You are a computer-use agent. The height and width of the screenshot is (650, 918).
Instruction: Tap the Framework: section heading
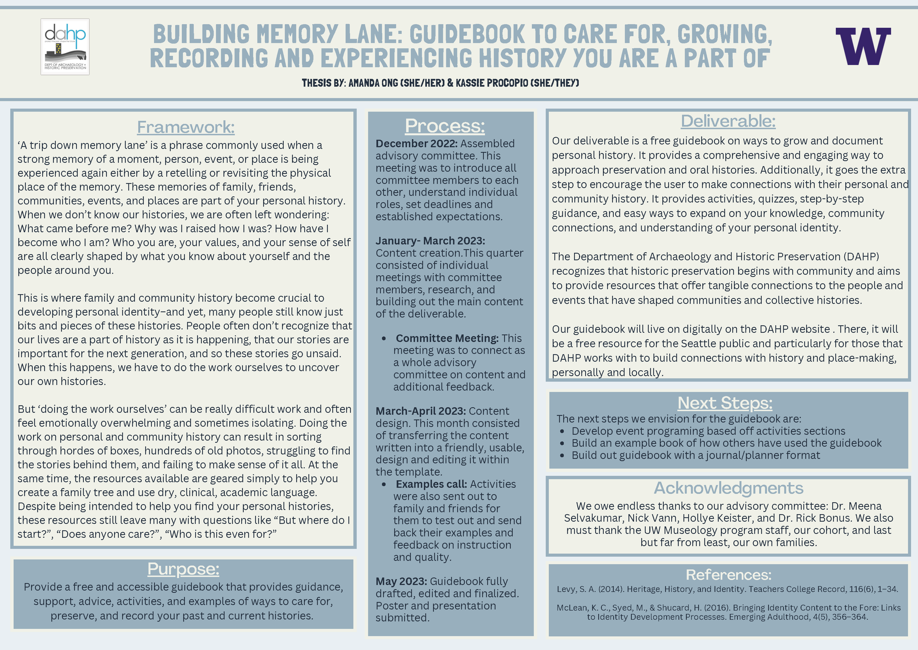coord(186,127)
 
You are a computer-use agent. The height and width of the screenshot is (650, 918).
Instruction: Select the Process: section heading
coord(445,126)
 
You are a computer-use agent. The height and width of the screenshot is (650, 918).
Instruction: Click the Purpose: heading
coord(183,569)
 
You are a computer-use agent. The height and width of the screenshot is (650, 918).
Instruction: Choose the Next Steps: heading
coord(725,403)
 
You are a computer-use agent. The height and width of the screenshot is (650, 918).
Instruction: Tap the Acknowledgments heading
coord(728,488)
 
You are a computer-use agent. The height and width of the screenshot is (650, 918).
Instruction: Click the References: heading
coord(728,575)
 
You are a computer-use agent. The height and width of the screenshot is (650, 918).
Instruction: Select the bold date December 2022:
coord(416,143)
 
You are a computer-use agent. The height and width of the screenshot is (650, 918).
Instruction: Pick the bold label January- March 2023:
coord(430,241)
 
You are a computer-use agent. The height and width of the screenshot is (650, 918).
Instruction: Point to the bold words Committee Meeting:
coord(447,338)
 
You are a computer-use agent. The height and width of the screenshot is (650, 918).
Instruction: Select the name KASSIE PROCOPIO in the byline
coord(492,83)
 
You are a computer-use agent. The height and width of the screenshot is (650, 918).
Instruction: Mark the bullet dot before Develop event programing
coord(562,431)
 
